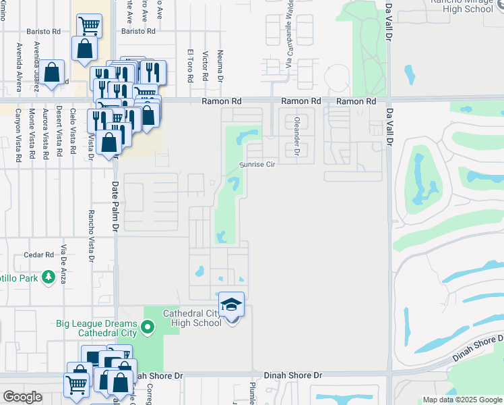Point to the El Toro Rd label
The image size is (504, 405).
[191, 66]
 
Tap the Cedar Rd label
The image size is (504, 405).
[38, 254]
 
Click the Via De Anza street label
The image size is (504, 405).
[64, 264]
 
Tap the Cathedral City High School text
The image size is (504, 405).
[191, 317]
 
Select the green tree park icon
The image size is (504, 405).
[48, 277]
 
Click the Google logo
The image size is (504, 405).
[22, 398]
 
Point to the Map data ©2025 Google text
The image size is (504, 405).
[463, 400]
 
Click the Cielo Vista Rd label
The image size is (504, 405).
[73, 134]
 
